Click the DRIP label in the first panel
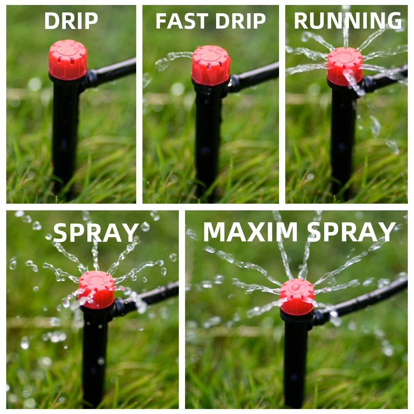[x=71, y=21]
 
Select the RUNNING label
[x=348, y=21]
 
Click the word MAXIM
[x=250, y=232]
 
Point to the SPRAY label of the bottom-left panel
[x=96, y=233]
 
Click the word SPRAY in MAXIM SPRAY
[x=351, y=232]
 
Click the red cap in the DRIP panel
[x=67, y=60]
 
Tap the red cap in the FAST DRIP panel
[x=211, y=65]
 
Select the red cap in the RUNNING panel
[x=345, y=66]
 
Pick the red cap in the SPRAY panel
[x=96, y=290]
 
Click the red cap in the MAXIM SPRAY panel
[x=297, y=297]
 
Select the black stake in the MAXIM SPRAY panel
[x=296, y=359]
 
